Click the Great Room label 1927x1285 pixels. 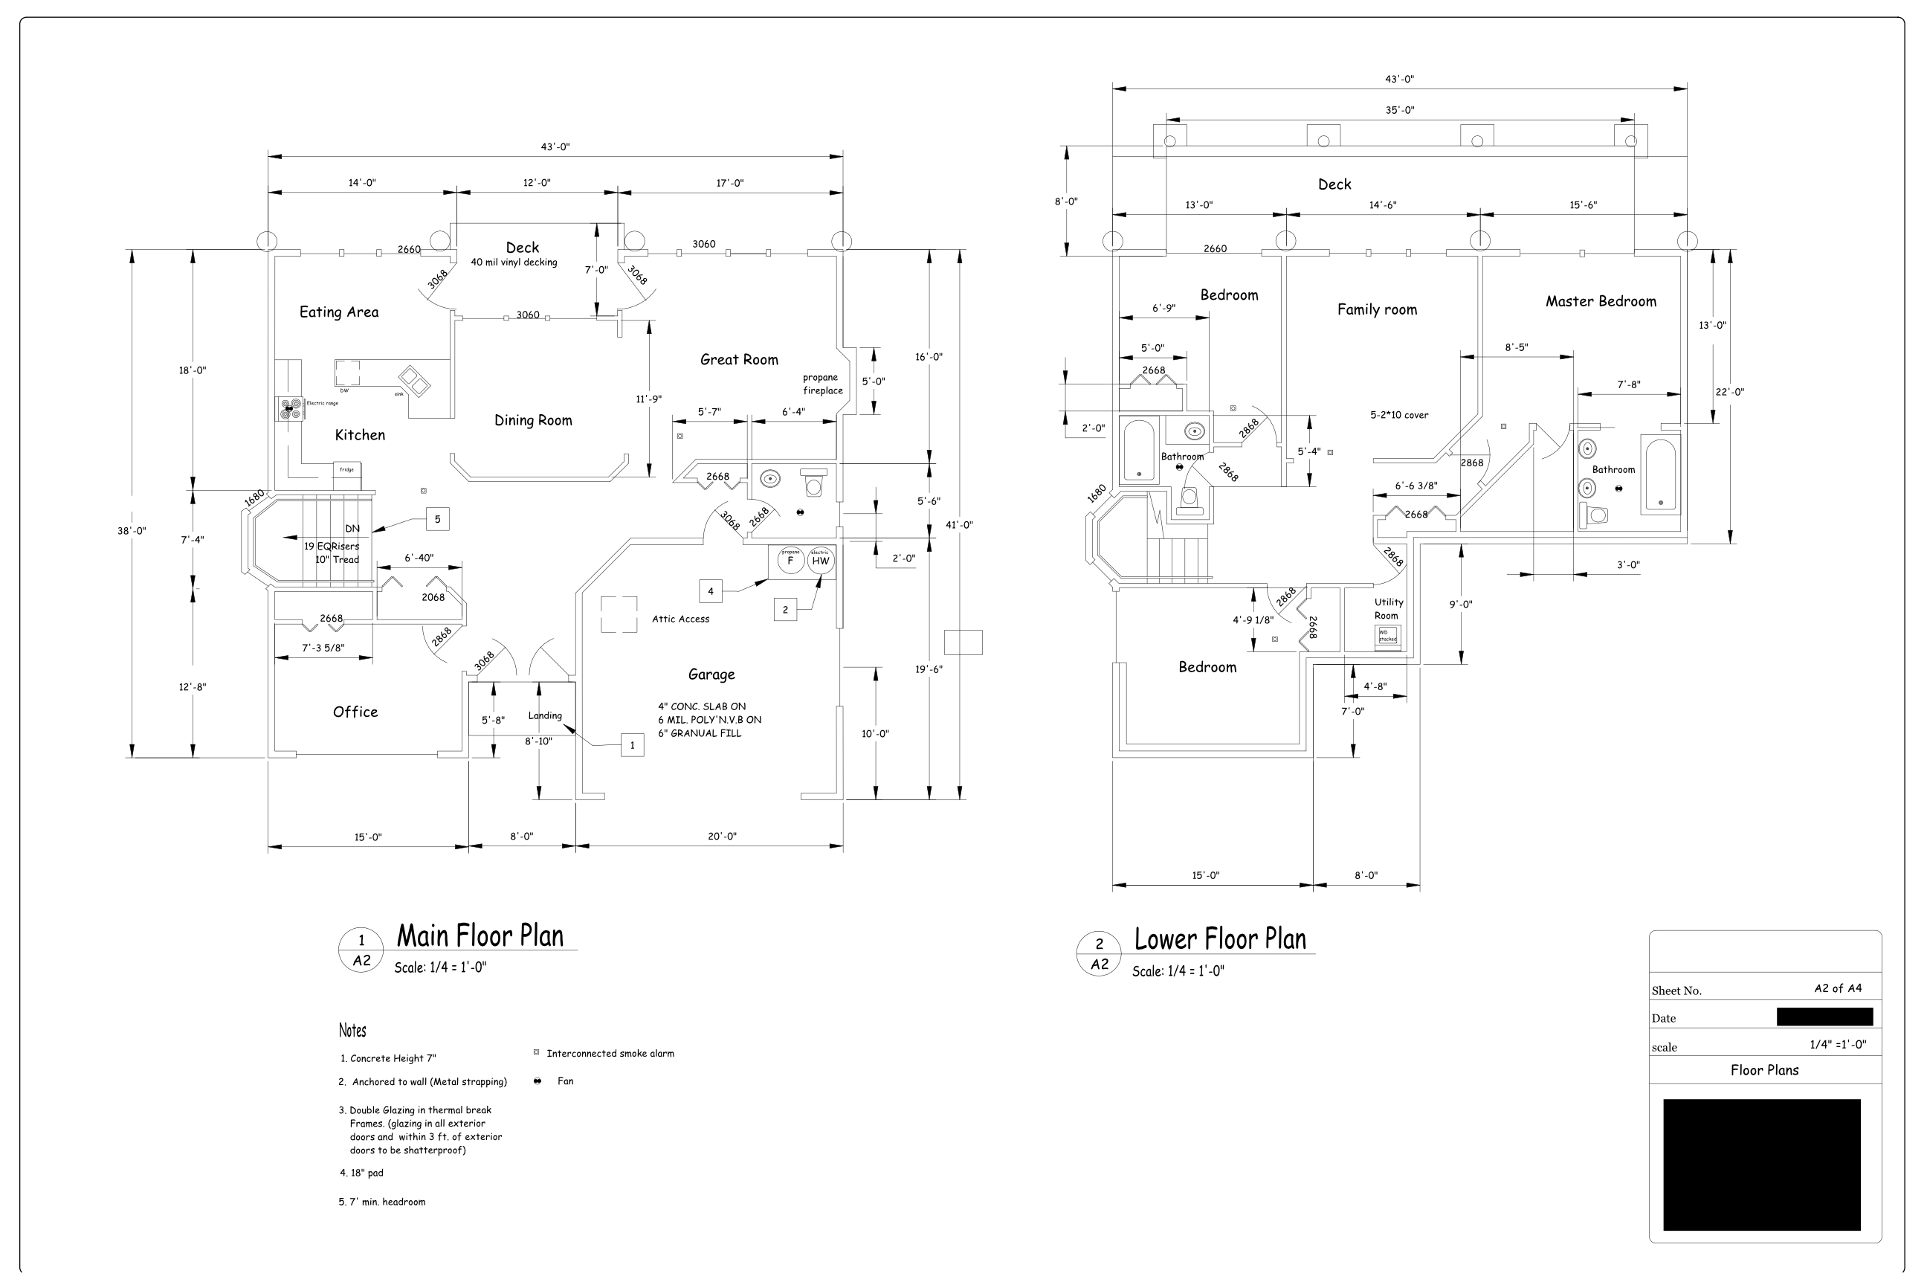coord(739,360)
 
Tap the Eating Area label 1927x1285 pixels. coord(338,312)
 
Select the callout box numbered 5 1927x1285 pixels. coord(437,519)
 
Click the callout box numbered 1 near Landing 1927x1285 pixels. coord(632,746)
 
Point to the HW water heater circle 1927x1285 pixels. coord(820,561)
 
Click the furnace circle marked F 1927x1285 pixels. coord(790,561)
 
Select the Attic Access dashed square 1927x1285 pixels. coord(619,615)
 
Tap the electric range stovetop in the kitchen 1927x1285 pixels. coord(288,409)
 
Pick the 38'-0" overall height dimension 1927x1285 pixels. coord(131,531)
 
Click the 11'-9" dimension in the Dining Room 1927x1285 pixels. coord(649,399)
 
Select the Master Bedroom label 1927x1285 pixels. coord(1600,302)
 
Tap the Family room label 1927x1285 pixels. coord(1376,310)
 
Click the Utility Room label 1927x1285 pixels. coord(1388,609)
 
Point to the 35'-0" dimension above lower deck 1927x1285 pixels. coord(1399,110)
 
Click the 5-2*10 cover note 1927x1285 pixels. coord(1398,416)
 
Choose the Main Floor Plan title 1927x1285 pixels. coord(480,936)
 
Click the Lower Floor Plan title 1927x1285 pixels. coord(1220,939)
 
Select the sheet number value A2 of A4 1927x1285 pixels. coord(1838,988)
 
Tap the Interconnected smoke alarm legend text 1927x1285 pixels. coord(610,1054)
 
